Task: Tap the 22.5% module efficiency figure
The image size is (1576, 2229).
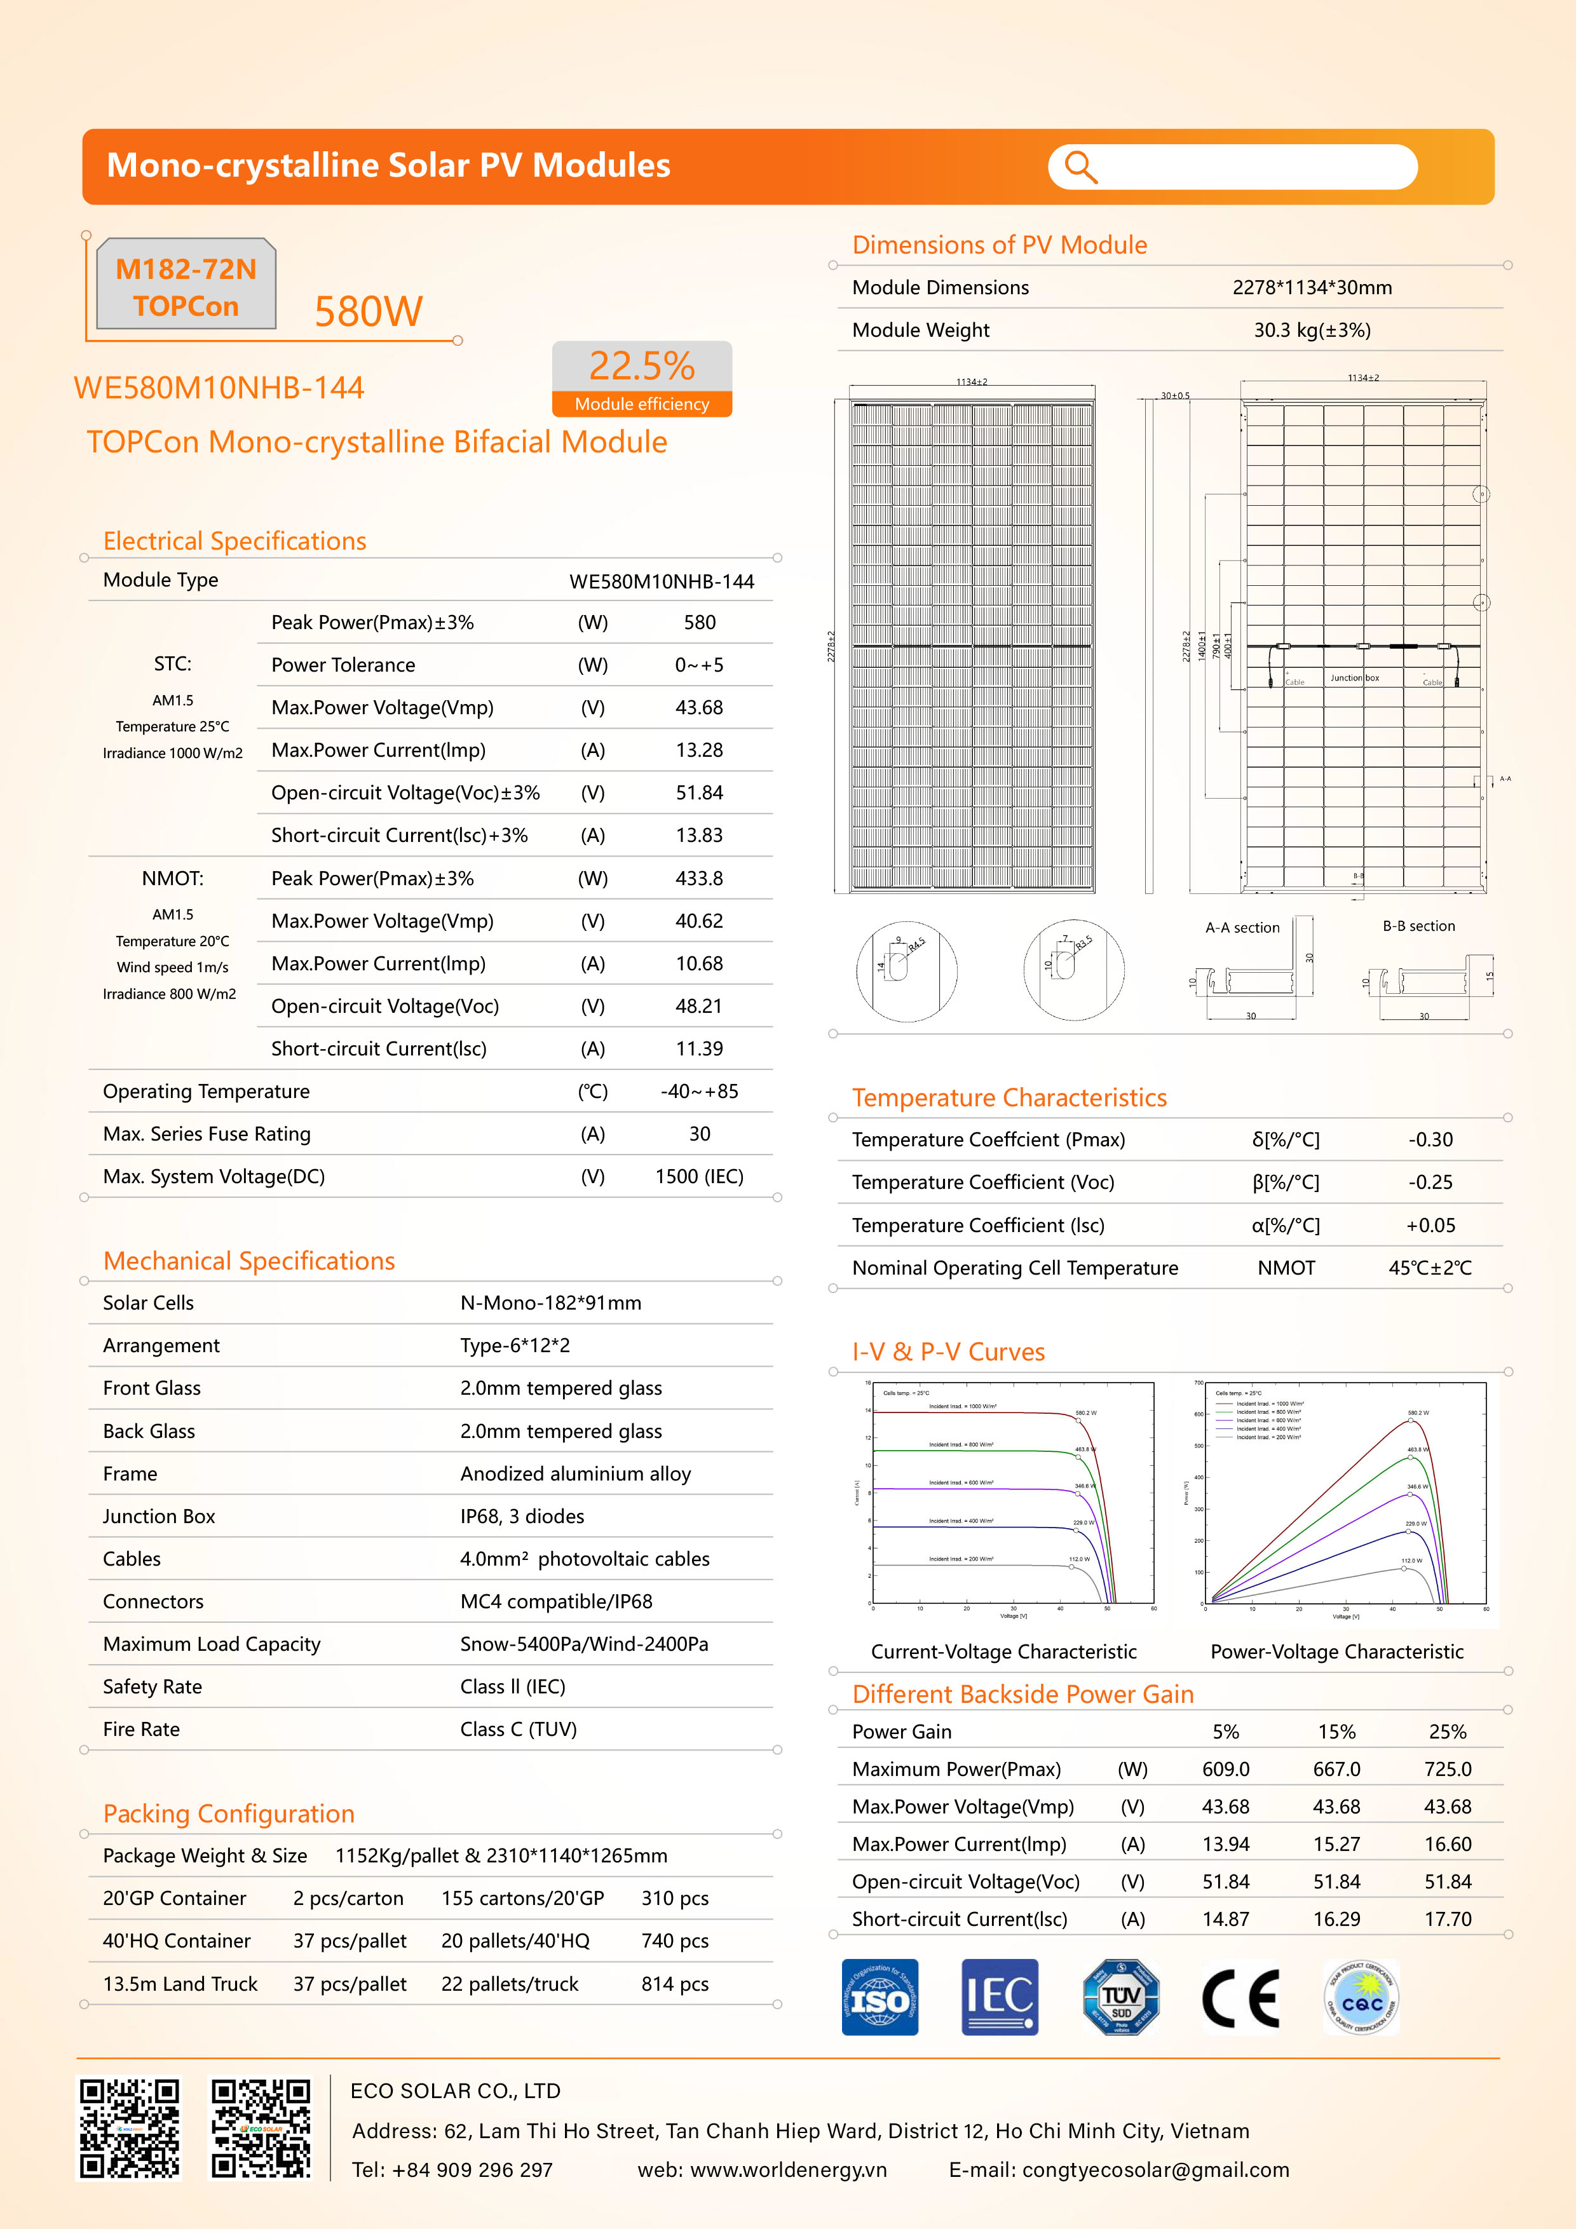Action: [x=642, y=366]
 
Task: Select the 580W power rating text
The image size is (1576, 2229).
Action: [x=368, y=311]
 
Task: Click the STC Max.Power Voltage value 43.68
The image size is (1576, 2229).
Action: [x=699, y=708]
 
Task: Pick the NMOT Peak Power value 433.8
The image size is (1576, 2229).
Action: [x=699, y=879]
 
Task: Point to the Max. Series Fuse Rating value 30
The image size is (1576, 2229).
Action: [x=699, y=1134]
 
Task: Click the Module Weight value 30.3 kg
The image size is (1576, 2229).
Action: [x=1312, y=330]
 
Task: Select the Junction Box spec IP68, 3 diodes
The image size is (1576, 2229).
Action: [x=522, y=1517]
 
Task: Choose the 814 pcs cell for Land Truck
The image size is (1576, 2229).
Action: [x=675, y=1984]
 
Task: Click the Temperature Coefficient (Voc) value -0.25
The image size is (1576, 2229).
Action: [x=1430, y=1182]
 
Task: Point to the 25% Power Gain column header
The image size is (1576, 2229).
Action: [x=1448, y=1732]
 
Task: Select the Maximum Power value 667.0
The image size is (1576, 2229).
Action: [x=1336, y=1770]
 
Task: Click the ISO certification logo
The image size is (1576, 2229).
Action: [x=880, y=1997]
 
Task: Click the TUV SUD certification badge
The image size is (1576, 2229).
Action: [x=1120, y=1997]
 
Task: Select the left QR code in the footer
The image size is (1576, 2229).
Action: [x=129, y=2129]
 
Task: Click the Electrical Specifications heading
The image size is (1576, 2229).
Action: [x=235, y=541]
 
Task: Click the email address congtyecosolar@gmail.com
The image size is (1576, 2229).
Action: [x=1155, y=2170]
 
